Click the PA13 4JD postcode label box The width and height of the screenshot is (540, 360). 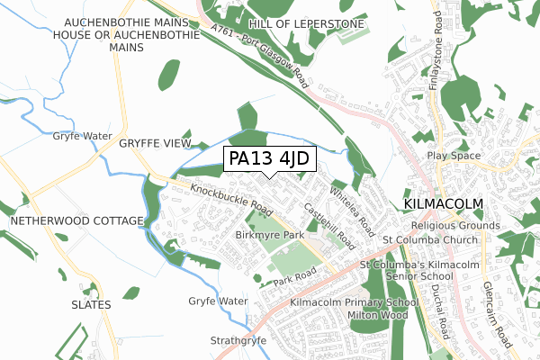[268, 158]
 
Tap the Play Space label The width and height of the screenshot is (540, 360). [454, 156]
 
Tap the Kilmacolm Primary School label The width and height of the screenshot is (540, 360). [355, 302]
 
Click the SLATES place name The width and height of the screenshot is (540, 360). [91, 305]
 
